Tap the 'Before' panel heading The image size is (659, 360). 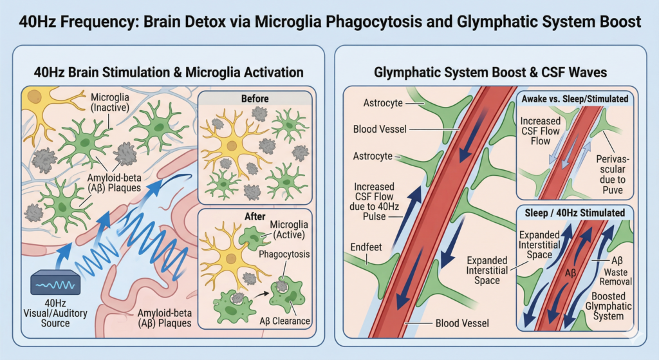point(256,99)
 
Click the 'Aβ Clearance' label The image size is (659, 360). point(287,320)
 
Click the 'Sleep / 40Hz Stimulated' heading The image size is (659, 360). point(574,213)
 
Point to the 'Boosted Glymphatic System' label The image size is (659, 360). point(608,307)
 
